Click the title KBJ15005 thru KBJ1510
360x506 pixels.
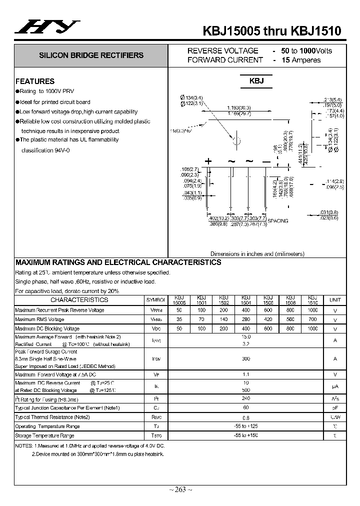(272, 30)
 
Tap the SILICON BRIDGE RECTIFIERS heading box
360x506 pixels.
(91, 55)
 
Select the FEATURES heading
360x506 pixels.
(35, 81)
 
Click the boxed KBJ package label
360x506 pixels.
(256, 81)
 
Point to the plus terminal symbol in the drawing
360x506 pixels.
(208, 161)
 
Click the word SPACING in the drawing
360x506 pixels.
(278, 220)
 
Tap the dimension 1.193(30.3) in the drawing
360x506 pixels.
(239, 108)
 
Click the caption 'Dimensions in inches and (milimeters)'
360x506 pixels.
(257, 253)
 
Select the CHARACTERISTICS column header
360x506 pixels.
(79, 300)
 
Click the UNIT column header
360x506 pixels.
(335, 300)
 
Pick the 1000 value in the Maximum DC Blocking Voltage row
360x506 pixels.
(312, 328)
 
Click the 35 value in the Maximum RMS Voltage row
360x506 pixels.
(179, 319)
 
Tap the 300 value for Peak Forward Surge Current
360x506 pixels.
(246, 358)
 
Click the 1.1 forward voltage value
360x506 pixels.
(246, 374)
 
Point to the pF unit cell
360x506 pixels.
(335, 408)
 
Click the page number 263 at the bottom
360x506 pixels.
(180, 489)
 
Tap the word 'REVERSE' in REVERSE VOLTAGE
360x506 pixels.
(202, 50)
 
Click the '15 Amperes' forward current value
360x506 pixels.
(300, 60)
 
